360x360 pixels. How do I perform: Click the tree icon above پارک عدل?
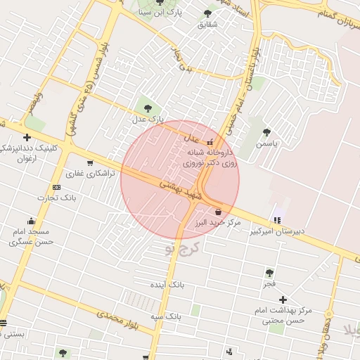pyautogui.click(x=148, y=108)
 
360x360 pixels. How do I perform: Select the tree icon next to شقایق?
pyautogui.click(x=207, y=13)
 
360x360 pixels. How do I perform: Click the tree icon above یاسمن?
pyautogui.click(x=266, y=131)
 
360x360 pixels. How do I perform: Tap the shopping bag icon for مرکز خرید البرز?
pyautogui.click(x=218, y=212)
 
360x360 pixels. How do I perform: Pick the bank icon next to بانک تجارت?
pyautogui.click(x=57, y=187)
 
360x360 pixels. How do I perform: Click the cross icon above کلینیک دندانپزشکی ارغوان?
pyautogui.click(x=27, y=137)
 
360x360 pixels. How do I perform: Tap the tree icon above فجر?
pyautogui.click(x=269, y=272)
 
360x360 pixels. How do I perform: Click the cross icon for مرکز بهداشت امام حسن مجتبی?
pyautogui.click(x=283, y=300)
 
